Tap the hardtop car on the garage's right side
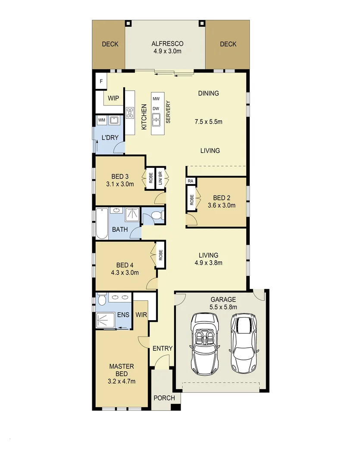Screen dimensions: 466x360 tap(244, 343)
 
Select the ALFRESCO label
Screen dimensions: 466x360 tap(168, 44)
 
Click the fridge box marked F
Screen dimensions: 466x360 tap(101, 82)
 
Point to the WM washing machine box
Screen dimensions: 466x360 tap(101, 120)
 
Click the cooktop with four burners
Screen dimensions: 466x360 tap(130, 113)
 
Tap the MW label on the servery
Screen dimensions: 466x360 tap(156, 99)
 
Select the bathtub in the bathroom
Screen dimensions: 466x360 tap(102, 224)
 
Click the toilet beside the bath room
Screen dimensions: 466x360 tap(156, 214)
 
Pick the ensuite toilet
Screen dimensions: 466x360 tap(102, 299)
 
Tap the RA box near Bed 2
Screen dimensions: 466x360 tap(190, 181)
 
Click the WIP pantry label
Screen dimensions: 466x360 tap(113, 98)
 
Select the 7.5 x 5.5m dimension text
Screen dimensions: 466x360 tap(208, 121)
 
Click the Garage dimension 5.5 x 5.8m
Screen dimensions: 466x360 tap(223, 307)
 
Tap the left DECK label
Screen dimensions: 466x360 tap(110, 44)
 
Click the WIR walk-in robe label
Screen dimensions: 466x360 tap(141, 315)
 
